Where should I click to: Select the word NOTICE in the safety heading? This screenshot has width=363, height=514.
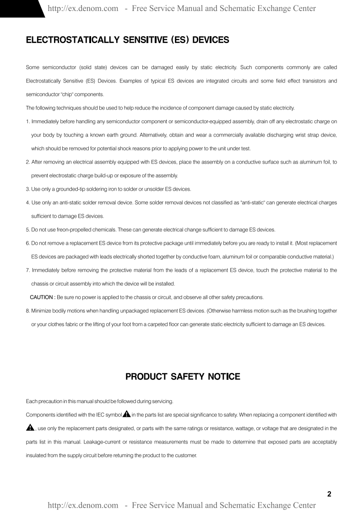224,377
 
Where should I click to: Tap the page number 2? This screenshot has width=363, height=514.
329,494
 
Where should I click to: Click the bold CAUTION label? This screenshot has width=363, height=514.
43,297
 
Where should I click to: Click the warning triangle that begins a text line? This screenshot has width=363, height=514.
30,428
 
